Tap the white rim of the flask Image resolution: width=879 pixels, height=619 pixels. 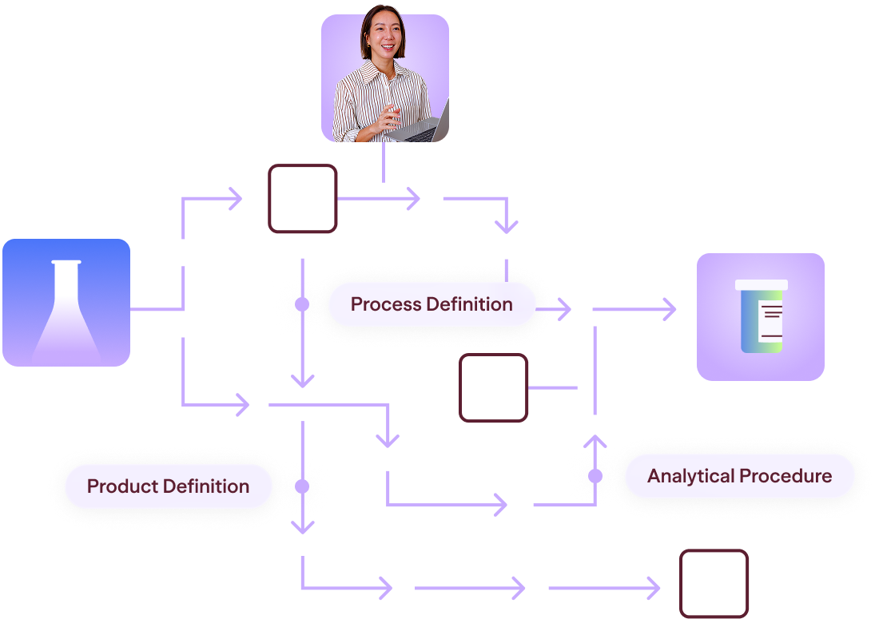click(66, 262)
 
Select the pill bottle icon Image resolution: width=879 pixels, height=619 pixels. click(762, 316)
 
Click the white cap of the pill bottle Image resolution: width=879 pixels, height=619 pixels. click(762, 284)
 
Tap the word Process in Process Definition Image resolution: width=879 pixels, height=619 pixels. click(386, 304)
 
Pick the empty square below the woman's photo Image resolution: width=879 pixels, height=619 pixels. click(303, 198)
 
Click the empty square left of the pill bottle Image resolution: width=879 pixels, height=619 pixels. click(493, 387)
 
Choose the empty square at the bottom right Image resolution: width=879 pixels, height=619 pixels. click(714, 584)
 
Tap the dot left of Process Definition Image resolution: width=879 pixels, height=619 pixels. click(302, 304)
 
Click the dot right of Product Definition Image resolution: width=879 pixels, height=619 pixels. click(302, 486)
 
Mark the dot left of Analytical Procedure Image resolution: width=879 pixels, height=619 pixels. click(595, 476)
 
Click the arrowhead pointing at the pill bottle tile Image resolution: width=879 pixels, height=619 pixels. click(670, 309)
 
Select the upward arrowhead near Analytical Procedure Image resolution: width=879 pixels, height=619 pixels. click(595, 440)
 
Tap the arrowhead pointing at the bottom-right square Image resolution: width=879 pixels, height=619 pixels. click(654, 588)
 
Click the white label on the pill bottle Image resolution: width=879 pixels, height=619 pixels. click(770, 321)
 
